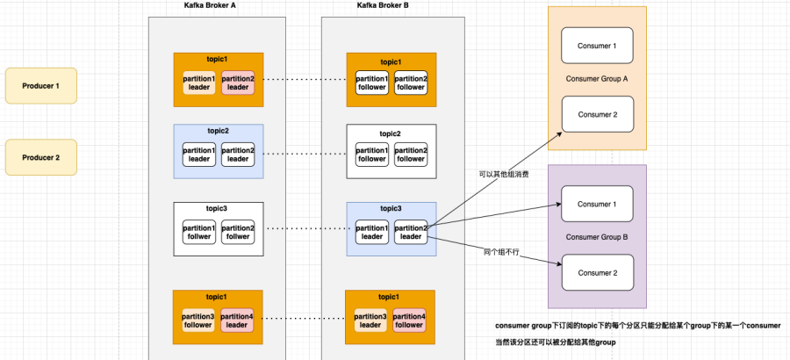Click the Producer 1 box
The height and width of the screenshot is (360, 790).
(x=40, y=85)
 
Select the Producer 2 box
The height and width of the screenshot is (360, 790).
(x=40, y=157)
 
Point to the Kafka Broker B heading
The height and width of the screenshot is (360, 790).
(x=382, y=5)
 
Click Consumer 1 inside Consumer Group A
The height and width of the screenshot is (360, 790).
(x=597, y=46)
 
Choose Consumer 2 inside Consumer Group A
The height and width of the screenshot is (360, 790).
(x=597, y=114)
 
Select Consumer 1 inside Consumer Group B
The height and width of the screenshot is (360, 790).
(x=597, y=205)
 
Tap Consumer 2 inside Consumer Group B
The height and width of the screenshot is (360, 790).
(x=597, y=272)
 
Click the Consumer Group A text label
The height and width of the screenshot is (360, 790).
(x=597, y=79)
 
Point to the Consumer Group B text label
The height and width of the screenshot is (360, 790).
(x=597, y=238)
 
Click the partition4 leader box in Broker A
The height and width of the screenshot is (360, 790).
(x=237, y=320)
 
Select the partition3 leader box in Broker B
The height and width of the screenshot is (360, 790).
(x=371, y=320)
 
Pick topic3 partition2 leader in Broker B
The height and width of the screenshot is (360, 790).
(x=411, y=232)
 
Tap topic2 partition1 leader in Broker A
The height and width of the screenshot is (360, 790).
(x=198, y=154)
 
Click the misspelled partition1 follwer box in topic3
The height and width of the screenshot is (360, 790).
(x=198, y=232)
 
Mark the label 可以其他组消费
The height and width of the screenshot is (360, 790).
(x=501, y=174)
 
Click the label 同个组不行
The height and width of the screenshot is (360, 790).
(x=502, y=252)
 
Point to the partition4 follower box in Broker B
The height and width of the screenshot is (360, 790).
(x=411, y=320)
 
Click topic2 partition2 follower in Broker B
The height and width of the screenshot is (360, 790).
(x=411, y=154)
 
